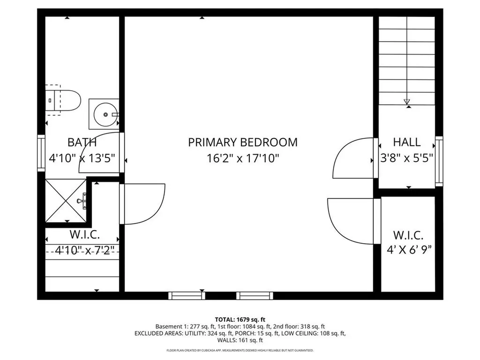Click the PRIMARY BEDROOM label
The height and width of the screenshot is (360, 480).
pos(242,142)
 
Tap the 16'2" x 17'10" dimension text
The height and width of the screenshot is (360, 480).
pos(242,158)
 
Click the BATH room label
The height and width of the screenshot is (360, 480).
pos(82,142)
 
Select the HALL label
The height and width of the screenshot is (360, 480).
pos(406,142)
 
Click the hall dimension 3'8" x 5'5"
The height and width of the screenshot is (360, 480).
pos(406,158)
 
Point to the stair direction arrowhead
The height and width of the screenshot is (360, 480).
pos(406,101)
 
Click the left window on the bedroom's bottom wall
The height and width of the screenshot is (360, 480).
pos(187,295)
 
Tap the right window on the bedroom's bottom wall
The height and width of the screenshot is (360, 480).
pos(255,295)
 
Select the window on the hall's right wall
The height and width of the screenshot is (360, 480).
pos(439,160)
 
